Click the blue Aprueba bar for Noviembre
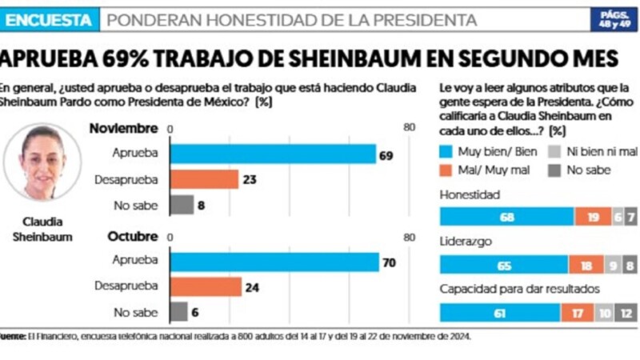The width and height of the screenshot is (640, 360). [272, 154]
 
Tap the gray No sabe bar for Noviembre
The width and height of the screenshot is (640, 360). [182, 205]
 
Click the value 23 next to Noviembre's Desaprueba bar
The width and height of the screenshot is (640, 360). [249, 180]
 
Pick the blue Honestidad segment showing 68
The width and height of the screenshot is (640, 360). [507, 218]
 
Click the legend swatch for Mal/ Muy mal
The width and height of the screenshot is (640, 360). [447, 170]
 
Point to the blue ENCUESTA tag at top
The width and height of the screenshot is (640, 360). [50, 19]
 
